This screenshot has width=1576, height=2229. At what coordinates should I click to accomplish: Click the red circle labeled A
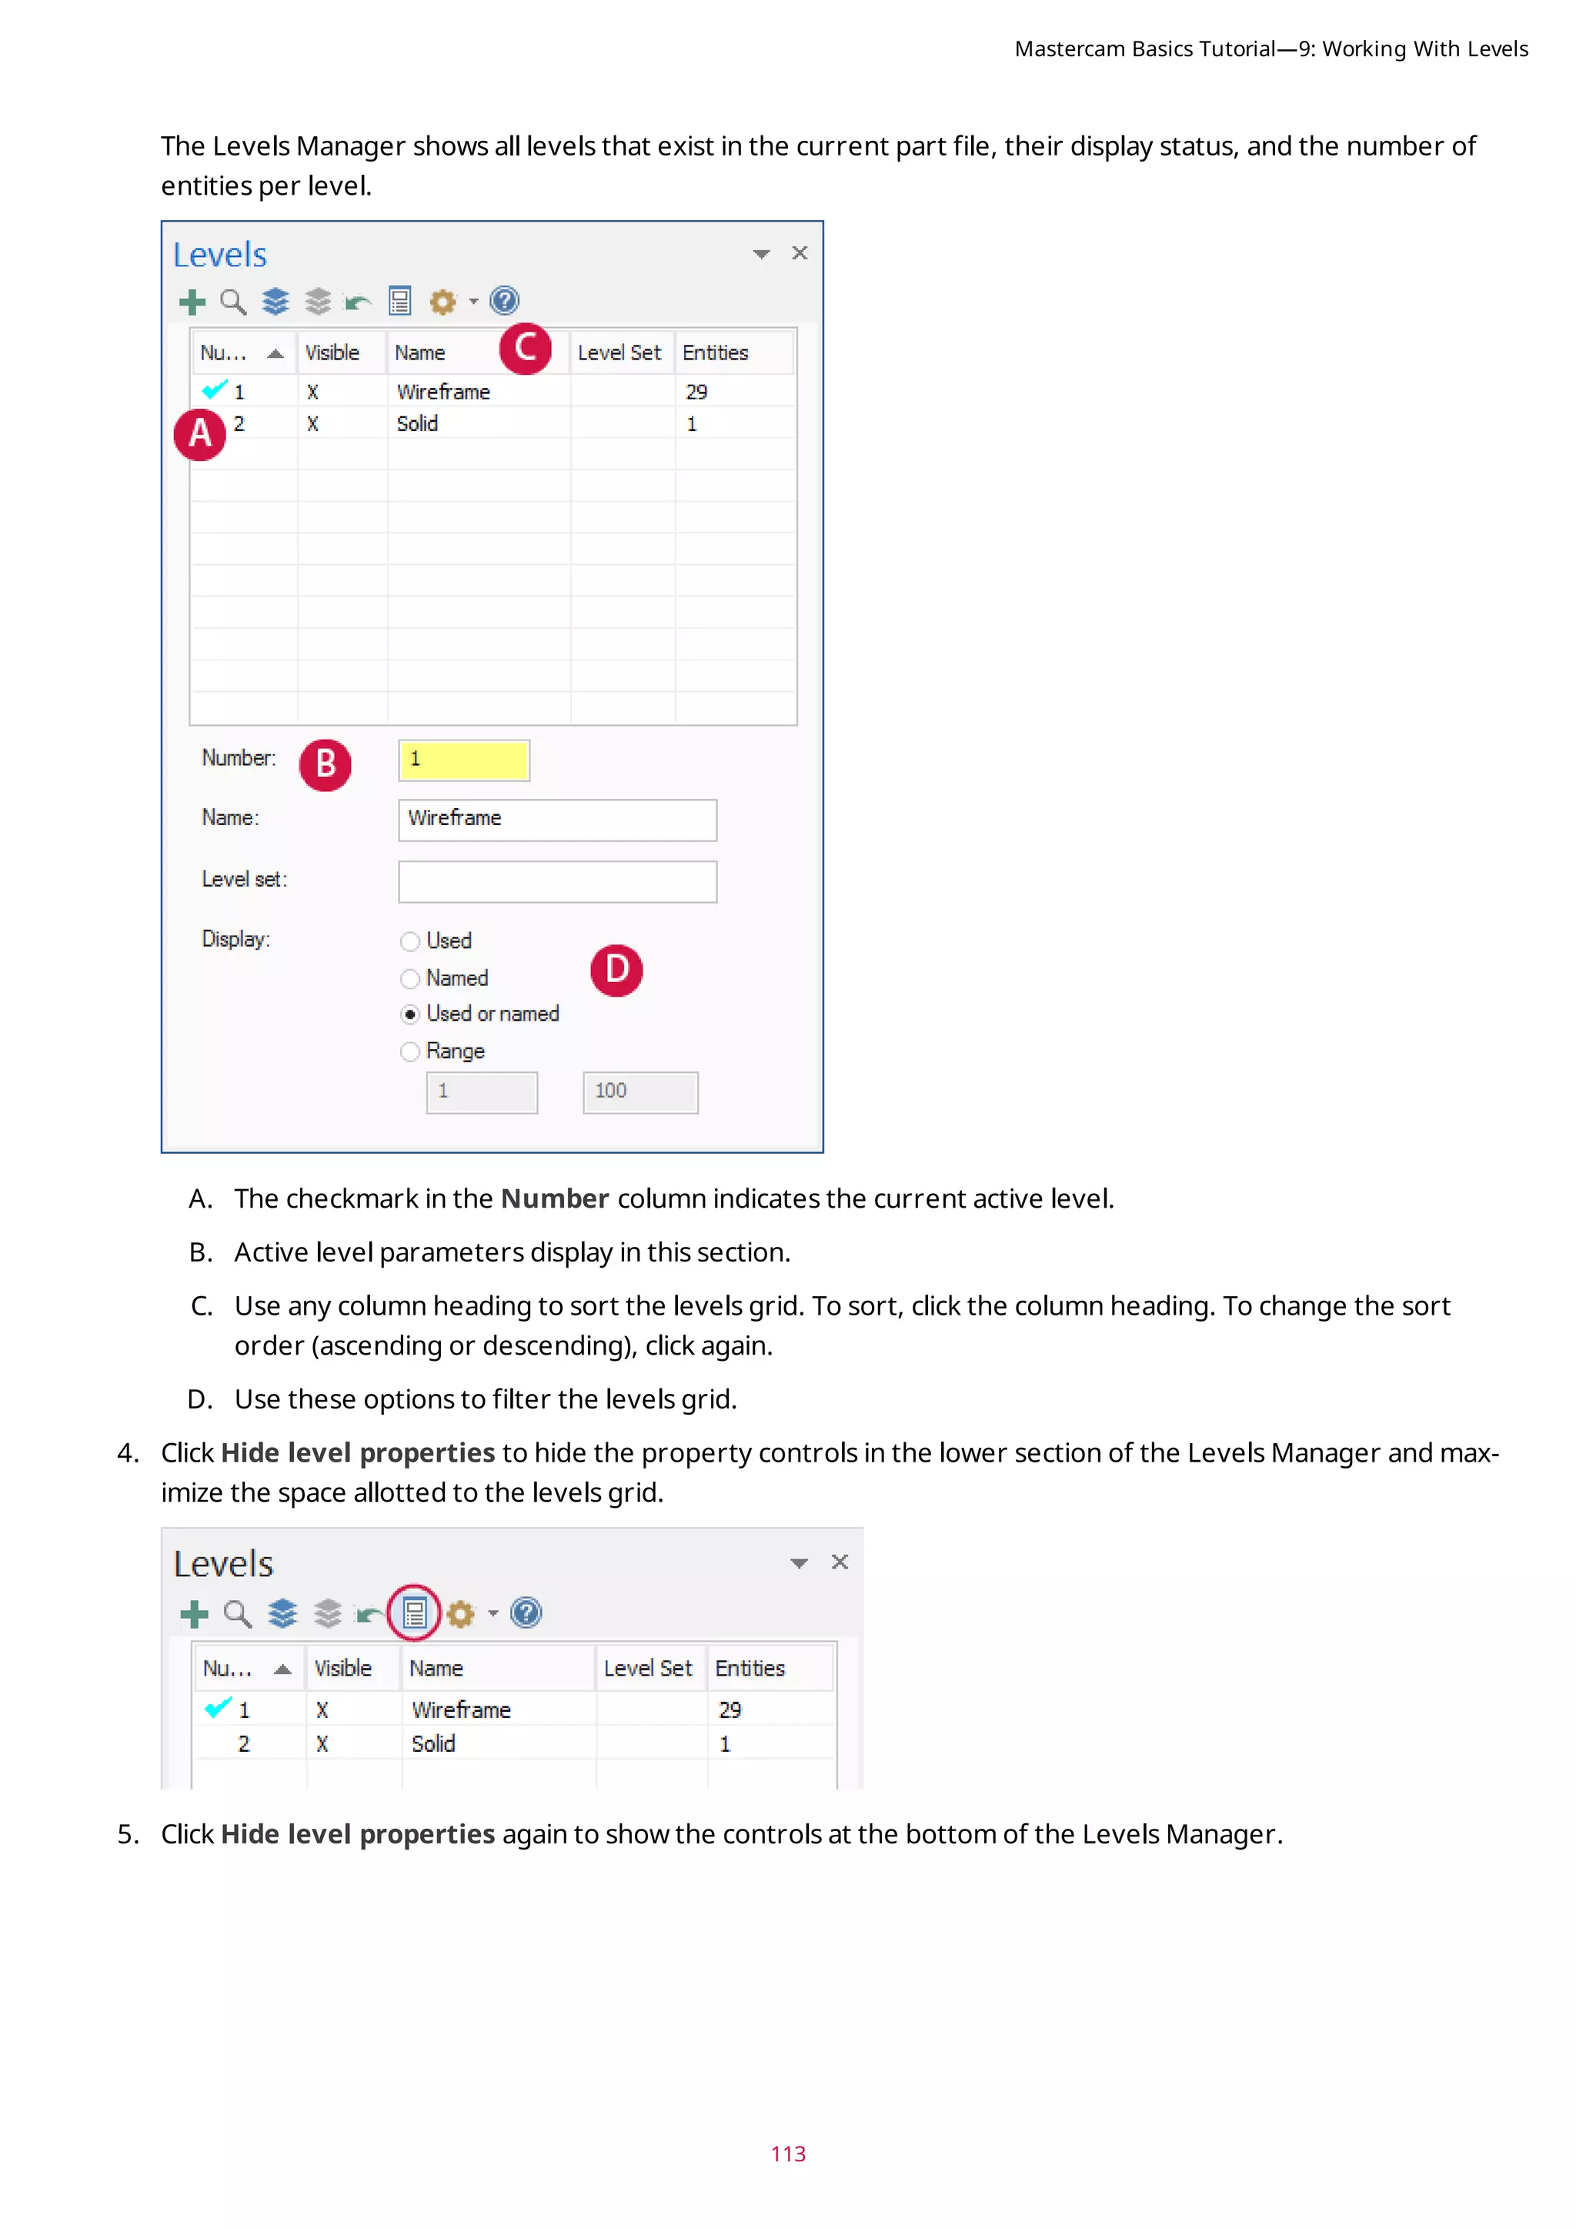(x=200, y=433)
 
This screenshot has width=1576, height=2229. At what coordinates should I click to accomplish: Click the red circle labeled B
(x=325, y=764)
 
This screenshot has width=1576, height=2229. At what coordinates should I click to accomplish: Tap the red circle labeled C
(x=525, y=348)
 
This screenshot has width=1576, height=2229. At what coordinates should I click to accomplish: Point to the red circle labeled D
(x=616, y=969)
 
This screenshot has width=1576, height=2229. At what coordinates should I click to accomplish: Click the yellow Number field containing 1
(x=464, y=759)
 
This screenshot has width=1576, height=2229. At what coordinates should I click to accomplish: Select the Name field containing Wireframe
(x=557, y=820)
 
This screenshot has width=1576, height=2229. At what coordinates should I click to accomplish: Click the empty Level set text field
(x=557, y=881)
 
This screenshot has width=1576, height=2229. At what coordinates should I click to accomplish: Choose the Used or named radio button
(x=410, y=1014)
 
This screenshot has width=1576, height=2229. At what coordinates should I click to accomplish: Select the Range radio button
(x=410, y=1051)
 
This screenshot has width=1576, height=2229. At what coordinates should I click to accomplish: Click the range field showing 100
(x=639, y=1091)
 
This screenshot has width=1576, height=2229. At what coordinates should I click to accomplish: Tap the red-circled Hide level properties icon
(x=414, y=1612)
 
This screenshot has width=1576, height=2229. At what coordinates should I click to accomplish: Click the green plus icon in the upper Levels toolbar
(x=192, y=302)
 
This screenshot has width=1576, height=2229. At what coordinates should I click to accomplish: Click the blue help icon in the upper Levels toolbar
(x=505, y=301)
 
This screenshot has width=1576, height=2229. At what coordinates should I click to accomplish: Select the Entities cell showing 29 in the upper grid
(x=696, y=393)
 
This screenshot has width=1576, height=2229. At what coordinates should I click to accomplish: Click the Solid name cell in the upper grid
(x=417, y=424)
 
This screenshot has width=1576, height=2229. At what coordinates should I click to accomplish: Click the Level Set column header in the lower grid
(x=647, y=1668)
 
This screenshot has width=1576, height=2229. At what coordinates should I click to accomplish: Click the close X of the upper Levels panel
(x=800, y=252)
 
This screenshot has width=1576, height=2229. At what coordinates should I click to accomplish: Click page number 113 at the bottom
(x=788, y=2154)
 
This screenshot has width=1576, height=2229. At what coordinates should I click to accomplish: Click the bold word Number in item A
(x=554, y=1199)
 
